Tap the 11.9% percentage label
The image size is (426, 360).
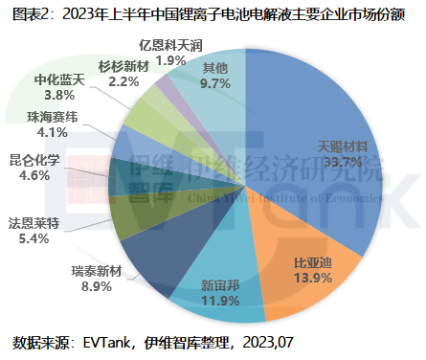click(219, 301)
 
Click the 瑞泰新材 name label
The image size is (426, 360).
click(101, 271)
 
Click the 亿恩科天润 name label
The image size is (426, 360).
click(170, 44)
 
